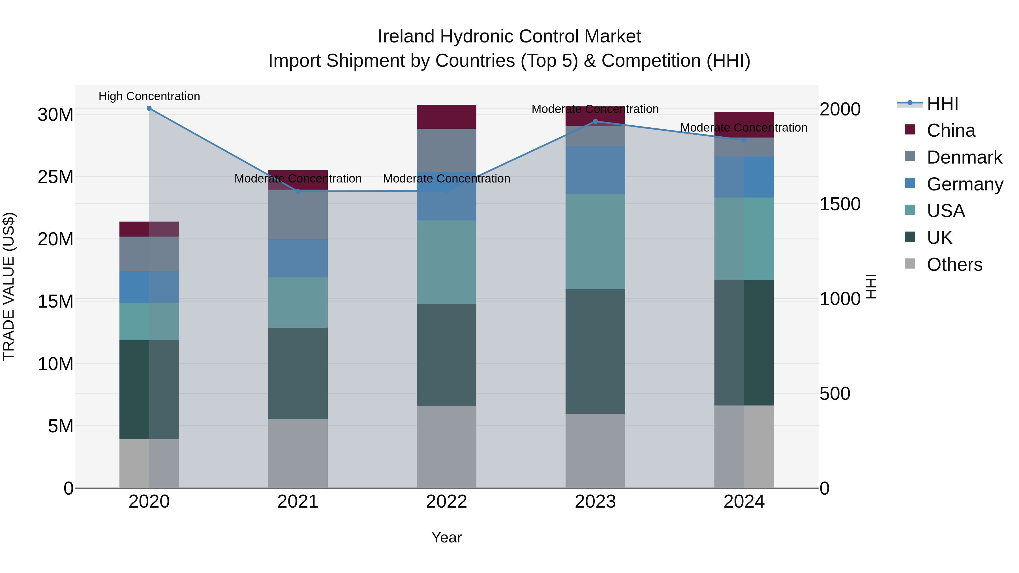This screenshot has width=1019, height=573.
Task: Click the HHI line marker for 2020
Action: click(149, 108)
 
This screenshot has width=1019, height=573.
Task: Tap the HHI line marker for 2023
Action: click(595, 121)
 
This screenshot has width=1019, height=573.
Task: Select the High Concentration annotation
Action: click(149, 96)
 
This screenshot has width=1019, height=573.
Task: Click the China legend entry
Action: click(951, 130)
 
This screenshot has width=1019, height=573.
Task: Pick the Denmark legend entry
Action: click(964, 157)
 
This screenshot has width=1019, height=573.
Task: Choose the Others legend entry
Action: click(954, 265)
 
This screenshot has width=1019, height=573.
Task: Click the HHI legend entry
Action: click(942, 104)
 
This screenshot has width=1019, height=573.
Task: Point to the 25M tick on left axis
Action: click(55, 177)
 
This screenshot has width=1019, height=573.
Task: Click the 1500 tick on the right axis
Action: click(840, 204)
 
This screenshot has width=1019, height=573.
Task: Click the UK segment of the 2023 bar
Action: click(595, 351)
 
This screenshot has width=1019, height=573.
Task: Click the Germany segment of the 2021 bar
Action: click(297, 257)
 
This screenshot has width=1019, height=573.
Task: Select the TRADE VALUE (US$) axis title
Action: click(9, 286)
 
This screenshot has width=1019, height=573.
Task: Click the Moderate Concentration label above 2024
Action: click(743, 128)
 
